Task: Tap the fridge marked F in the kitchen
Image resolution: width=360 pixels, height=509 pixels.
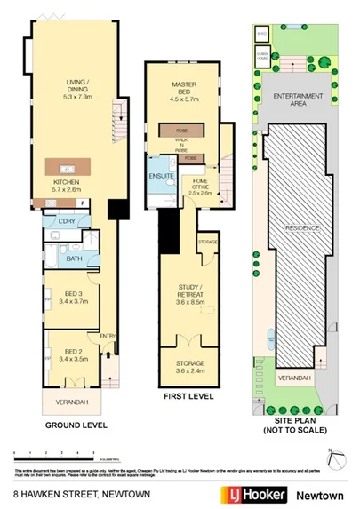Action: click(x=83, y=203)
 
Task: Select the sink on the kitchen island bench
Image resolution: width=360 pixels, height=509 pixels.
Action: click(x=64, y=168)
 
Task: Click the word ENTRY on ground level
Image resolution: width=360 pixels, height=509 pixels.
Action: click(x=107, y=336)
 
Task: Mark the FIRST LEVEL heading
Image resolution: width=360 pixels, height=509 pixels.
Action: click(x=188, y=396)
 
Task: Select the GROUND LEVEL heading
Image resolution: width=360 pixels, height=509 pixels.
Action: click(x=69, y=425)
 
